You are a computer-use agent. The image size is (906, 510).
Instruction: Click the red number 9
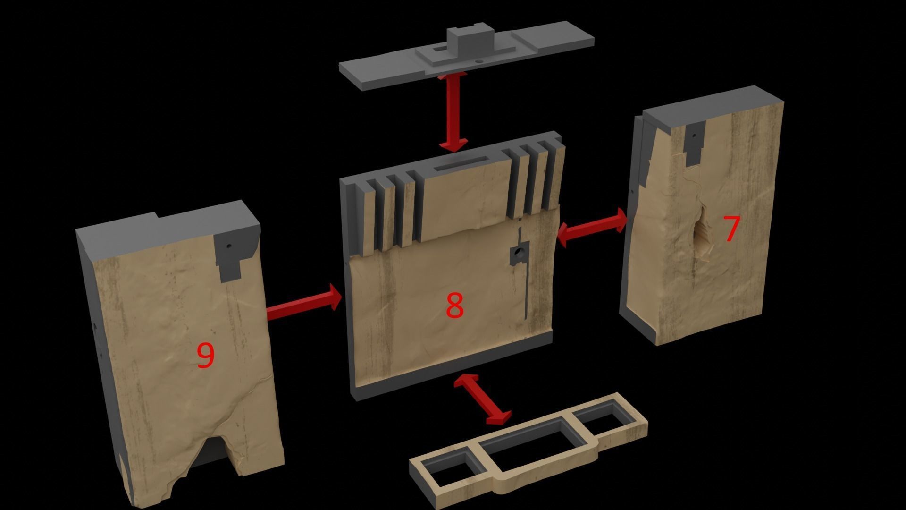click(x=205, y=355)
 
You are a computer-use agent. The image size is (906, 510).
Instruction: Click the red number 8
click(x=454, y=306)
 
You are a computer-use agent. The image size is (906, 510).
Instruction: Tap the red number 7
click(x=731, y=229)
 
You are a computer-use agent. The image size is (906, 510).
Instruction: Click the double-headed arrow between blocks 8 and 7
click(x=593, y=227)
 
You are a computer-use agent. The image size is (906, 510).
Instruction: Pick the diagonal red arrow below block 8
click(x=483, y=398)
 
